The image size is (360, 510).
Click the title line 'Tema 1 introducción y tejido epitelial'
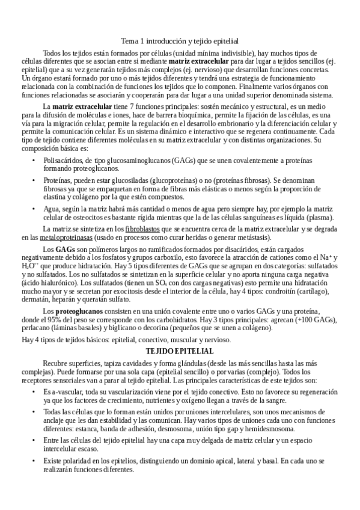(180, 41)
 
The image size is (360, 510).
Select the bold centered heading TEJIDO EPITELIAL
(180, 351)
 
